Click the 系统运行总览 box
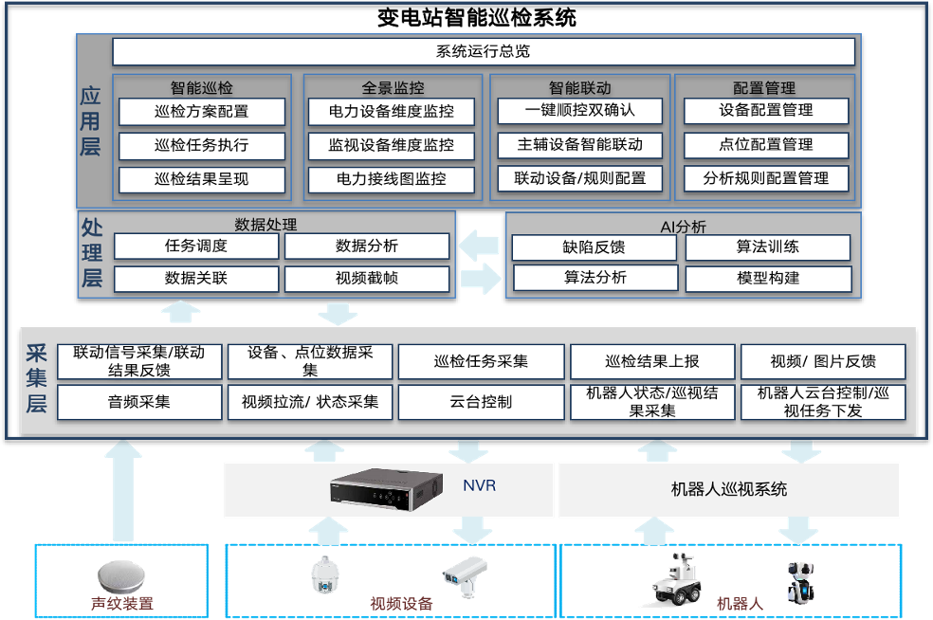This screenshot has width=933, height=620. (484, 51)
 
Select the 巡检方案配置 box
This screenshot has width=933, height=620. (201, 112)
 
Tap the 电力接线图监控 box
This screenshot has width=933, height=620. (392, 179)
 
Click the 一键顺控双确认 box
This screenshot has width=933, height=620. (579, 111)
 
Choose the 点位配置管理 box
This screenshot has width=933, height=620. (765, 145)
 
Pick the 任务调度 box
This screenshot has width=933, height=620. (196, 246)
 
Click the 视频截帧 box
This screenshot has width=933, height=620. (366, 279)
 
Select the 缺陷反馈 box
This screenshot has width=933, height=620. (594, 248)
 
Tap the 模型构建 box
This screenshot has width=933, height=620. (768, 279)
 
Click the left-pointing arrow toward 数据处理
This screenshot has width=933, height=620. (480, 246)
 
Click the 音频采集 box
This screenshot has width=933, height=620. (139, 402)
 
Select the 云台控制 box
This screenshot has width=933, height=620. (481, 402)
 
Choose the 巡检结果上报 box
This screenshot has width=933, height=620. (651, 361)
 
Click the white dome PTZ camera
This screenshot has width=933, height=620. (324, 574)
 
